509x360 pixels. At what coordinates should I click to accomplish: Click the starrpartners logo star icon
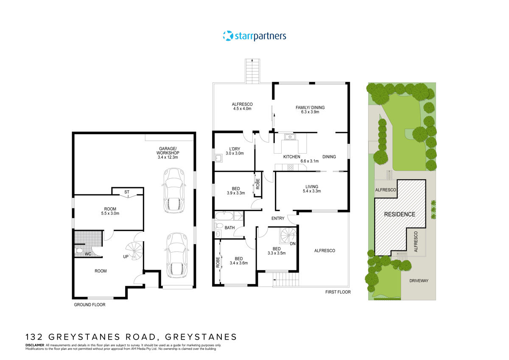228,36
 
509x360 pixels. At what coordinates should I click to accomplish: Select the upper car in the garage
174,191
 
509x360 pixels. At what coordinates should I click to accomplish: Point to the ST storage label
127,192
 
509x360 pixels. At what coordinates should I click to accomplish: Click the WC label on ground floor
88,254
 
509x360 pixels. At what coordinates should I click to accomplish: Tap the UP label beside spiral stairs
126,256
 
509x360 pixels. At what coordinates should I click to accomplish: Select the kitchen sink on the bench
290,137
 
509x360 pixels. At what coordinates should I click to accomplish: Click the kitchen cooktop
291,167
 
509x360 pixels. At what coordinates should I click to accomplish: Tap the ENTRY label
278,218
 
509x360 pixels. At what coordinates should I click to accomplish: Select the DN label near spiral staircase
293,243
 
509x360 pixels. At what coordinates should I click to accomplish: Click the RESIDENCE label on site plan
400,214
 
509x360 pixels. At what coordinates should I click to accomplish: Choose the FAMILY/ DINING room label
310,110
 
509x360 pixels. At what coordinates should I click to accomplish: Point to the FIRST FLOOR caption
338,292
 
